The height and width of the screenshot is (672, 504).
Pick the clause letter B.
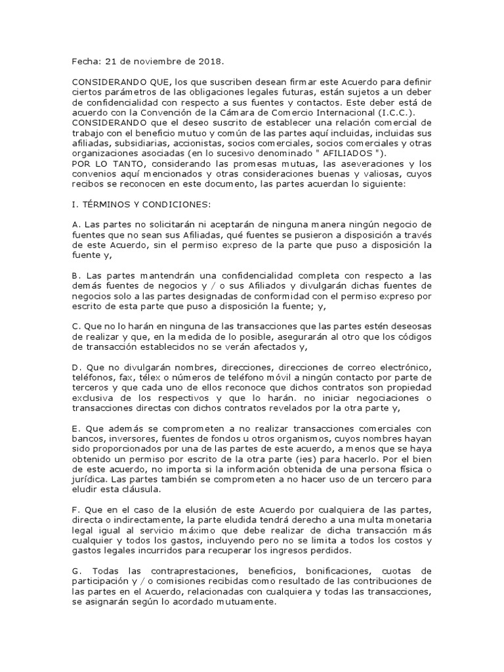(x=75, y=277)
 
